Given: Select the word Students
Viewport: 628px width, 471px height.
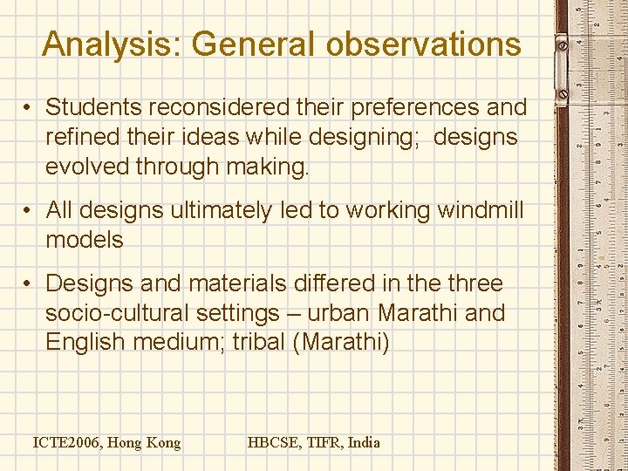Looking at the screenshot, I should [92, 107].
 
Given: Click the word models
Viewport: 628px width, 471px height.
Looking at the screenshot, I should [85, 240].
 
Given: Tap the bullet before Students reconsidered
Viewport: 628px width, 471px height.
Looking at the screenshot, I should [29, 108].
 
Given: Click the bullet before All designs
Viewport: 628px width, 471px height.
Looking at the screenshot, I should [29, 211].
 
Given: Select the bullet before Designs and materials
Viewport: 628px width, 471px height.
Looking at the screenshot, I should [29, 284].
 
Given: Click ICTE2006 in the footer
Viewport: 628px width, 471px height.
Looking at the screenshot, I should [68, 443].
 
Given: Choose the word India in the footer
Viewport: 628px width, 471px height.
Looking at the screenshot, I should [364, 443].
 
